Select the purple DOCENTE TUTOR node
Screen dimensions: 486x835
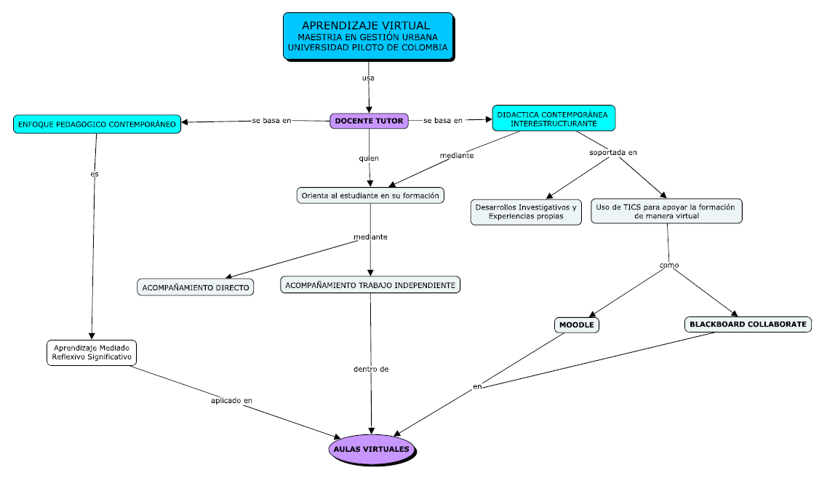[369, 121]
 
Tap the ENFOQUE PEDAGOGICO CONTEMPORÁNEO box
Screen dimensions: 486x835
[97, 124]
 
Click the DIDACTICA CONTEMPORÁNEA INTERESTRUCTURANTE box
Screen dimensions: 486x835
[553, 119]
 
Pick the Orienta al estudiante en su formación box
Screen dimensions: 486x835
[371, 195]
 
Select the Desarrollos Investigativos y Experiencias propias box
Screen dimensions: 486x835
[525, 211]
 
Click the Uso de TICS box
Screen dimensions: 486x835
[666, 211]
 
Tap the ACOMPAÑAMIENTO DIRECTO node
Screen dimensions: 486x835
[196, 287]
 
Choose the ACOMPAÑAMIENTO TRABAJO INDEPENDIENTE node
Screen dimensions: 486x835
[370, 285]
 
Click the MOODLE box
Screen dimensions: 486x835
[577, 324]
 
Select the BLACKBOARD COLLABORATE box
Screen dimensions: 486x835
[748, 324]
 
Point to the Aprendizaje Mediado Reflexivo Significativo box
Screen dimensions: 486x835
[91, 352]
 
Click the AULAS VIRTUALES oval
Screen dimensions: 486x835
[372, 449]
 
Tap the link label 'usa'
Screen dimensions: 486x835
[368, 77]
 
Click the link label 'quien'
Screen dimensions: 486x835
[369, 158]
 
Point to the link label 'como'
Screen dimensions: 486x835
[668, 266]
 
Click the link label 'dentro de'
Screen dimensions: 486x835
[371, 369]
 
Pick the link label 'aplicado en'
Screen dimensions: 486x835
[231, 400]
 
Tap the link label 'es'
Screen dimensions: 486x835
[94, 174]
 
